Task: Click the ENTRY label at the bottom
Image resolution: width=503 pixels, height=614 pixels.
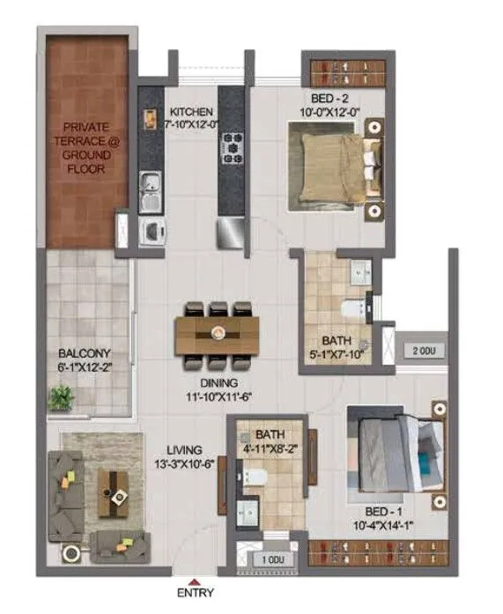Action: pyautogui.click(x=195, y=593)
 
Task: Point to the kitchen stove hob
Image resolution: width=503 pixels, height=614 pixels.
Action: pyautogui.click(x=232, y=147)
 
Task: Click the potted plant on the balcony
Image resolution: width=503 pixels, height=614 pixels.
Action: pyautogui.click(x=62, y=398)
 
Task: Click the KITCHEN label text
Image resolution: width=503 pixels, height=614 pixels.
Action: pyautogui.click(x=191, y=112)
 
